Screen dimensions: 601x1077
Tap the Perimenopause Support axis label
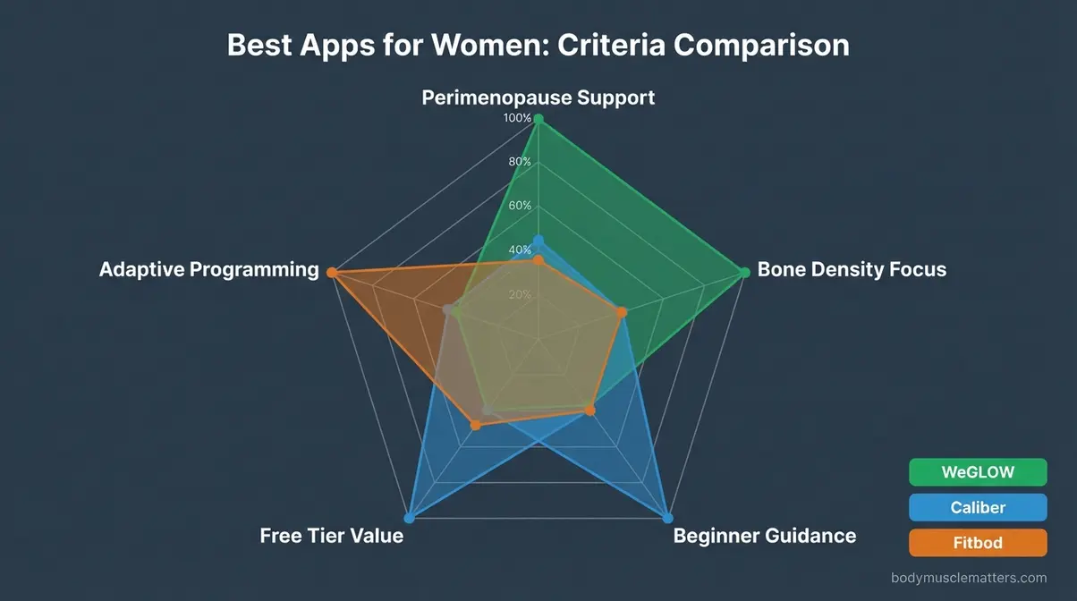(x=538, y=97)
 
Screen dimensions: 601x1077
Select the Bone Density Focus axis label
(x=852, y=269)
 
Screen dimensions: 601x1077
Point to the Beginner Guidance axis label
(x=764, y=536)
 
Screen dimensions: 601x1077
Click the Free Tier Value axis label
(x=331, y=536)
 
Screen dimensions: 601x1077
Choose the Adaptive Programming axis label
(x=208, y=269)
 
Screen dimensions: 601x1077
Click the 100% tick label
(x=517, y=118)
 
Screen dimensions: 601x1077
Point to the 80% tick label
(x=520, y=162)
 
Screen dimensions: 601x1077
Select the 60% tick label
(x=520, y=206)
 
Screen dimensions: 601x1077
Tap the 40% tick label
(x=520, y=250)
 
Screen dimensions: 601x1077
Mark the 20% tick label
(x=520, y=294)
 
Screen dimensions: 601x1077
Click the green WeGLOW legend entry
(x=978, y=472)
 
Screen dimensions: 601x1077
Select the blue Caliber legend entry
(x=978, y=507)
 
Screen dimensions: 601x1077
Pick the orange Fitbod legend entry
(x=978, y=542)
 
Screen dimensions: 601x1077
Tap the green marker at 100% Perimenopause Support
(x=538, y=119)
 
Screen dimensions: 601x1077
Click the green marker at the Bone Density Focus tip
(x=744, y=272)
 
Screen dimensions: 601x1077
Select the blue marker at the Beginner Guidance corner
(x=666, y=518)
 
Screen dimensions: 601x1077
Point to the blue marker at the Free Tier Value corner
(x=410, y=518)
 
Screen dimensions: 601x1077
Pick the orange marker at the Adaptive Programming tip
(x=331, y=272)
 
